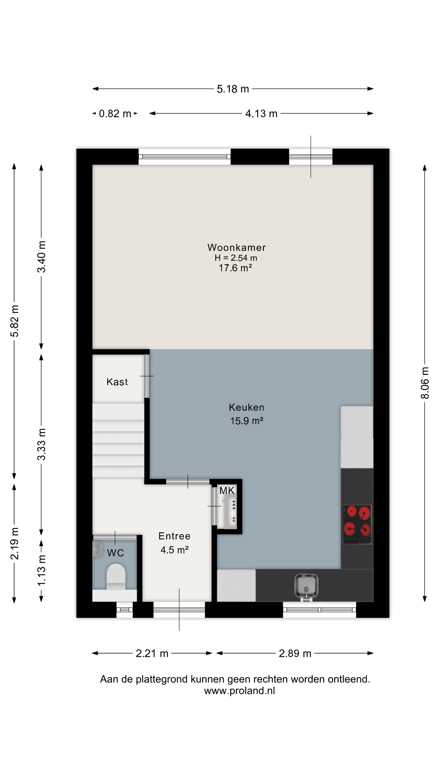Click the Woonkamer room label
[x=236, y=247]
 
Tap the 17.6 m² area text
[x=235, y=268]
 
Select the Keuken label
[x=246, y=407]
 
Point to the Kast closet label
[x=117, y=382]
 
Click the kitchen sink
[x=306, y=587]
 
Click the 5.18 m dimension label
[x=233, y=89]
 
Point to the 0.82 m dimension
[x=115, y=114]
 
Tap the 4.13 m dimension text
[x=261, y=114]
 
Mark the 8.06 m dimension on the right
[x=425, y=383]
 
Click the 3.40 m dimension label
[x=41, y=257]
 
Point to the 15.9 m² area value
[x=247, y=421]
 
